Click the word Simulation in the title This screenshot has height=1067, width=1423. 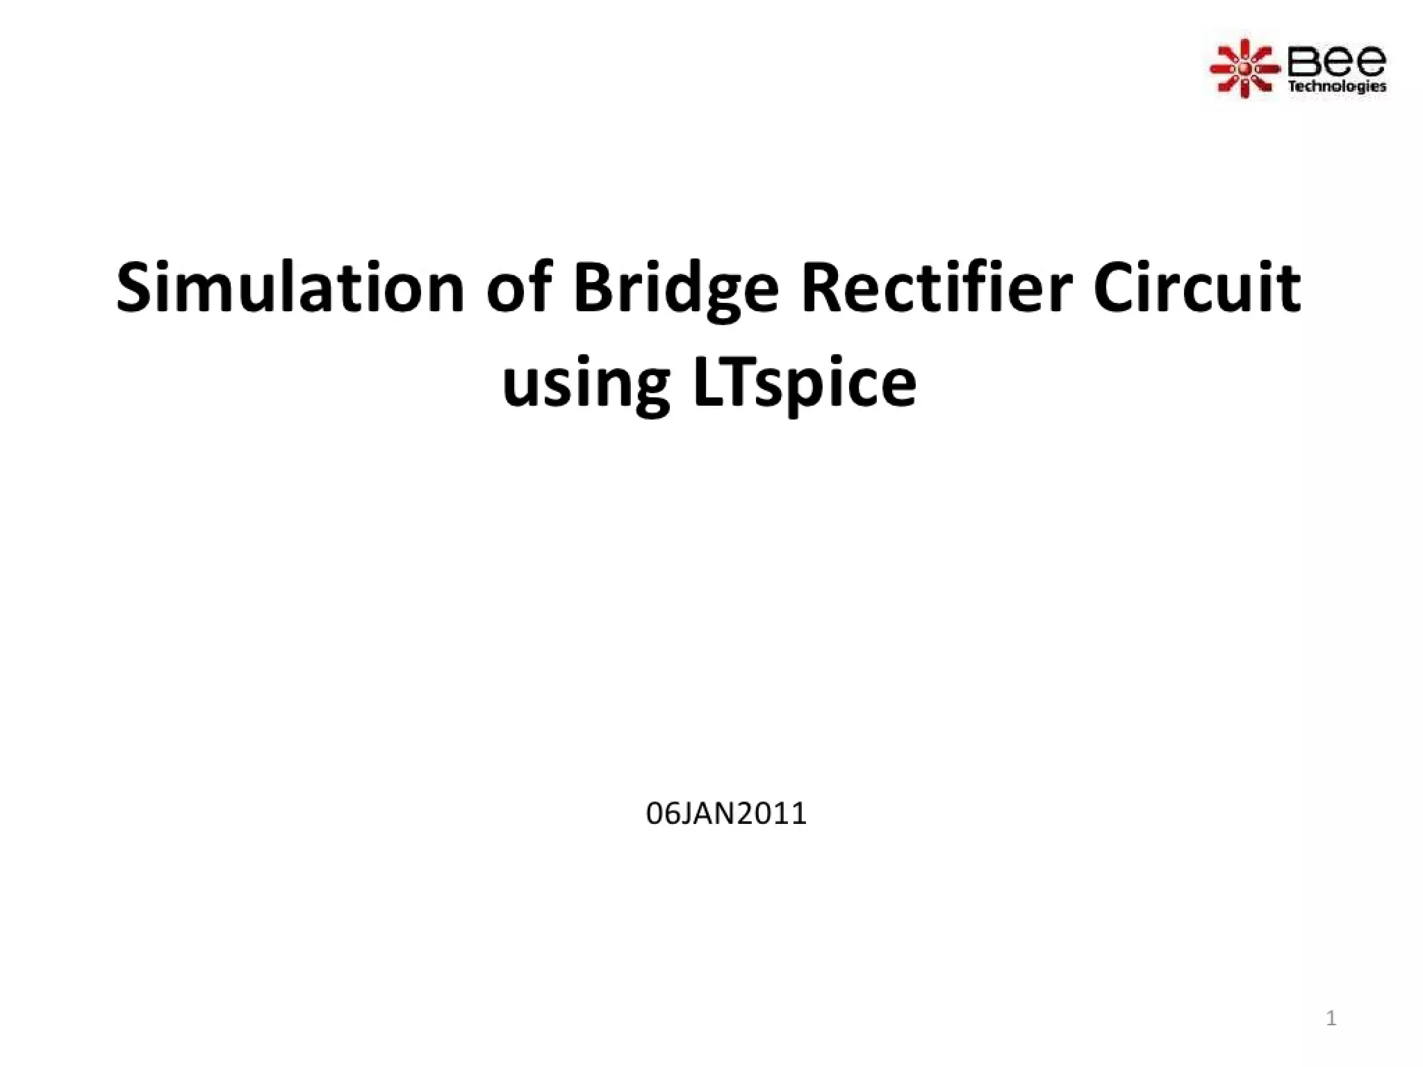(x=290, y=288)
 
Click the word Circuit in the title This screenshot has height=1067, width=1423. (x=1196, y=288)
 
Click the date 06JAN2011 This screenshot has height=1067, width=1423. (x=726, y=813)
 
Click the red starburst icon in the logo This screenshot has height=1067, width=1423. (x=1244, y=69)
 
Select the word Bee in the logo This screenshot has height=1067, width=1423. (x=1336, y=62)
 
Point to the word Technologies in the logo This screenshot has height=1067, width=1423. (x=1337, y=87)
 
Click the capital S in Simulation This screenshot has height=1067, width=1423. (x=133, y=288)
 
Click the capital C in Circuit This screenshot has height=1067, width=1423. (x=1113, y=288)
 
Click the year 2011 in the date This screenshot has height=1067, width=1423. (x=771, y=813)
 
